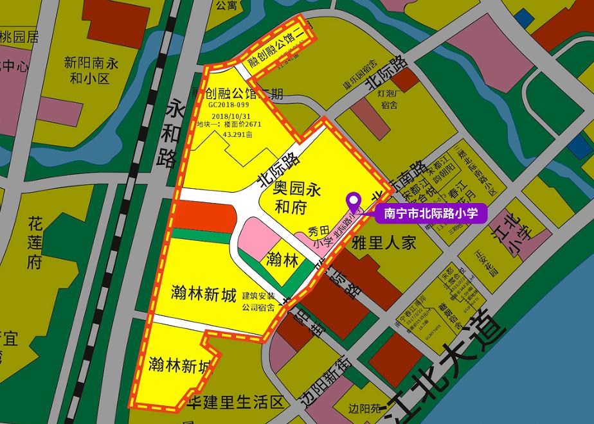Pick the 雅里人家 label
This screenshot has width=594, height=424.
click(x=385, y=242)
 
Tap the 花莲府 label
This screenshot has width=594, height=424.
click(x=35, y=243)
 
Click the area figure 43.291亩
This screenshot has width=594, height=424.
click(x=235, y=136)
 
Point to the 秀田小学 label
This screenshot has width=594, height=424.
click(x=319, y=236)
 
